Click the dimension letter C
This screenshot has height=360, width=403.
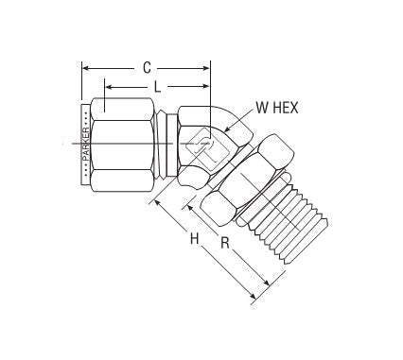tap(147, 68)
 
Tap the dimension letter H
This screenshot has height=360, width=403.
tap(193, 240)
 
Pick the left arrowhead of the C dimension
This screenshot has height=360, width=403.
tap(85, 68)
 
